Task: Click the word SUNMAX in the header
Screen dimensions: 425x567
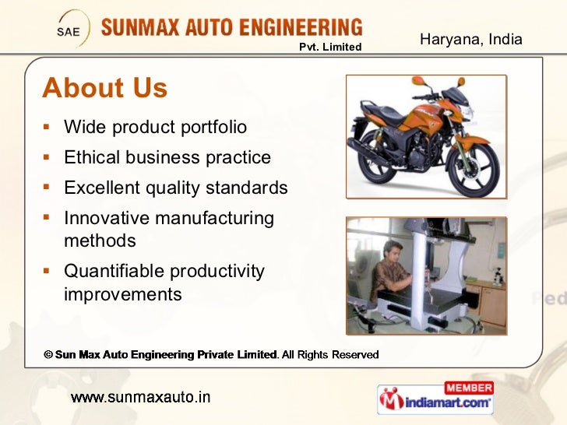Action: tap(146, 30)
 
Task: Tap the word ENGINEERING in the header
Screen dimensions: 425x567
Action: tap(300, 29)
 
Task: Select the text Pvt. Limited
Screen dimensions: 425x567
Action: tap(331, 47)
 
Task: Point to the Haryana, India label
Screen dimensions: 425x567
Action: tap(470, 39)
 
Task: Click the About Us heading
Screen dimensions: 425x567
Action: tap(104, 88)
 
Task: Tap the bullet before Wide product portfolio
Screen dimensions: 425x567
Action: tap(48, 126)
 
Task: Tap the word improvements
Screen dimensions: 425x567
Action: tap(122, 294)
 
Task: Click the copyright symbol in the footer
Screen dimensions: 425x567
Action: tap(48, 355)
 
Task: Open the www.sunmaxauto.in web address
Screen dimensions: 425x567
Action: tap(140, 397)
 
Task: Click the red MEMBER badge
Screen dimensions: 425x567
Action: tap(469, 388)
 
